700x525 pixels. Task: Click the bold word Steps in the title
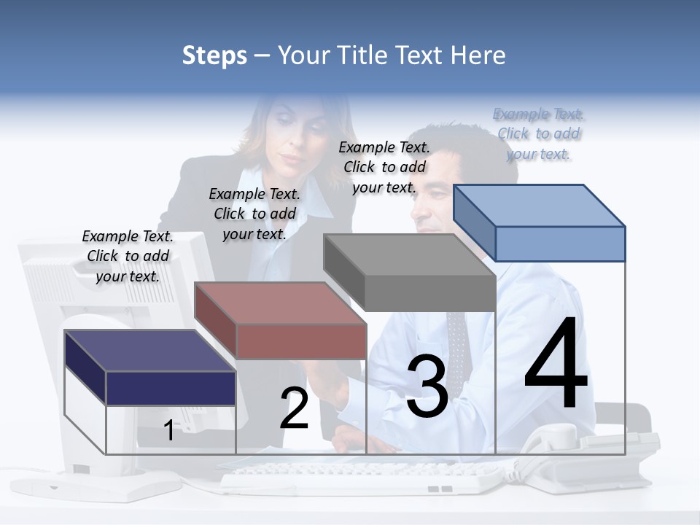tap(214, 55)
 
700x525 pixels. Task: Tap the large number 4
tap(556, 365)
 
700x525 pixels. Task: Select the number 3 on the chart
tap(427, 386)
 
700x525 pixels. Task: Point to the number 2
tap(295, 409)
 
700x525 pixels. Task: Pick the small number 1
tap(168, 430)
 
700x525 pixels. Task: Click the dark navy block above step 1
tap(170, 387)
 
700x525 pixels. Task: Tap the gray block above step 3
tap(429, 292)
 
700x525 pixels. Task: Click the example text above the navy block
tap(128, 256)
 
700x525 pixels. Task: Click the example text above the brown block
tap(254, 214)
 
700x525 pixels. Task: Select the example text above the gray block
tap(384, 167)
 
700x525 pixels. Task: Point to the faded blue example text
tap(538, 133)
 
